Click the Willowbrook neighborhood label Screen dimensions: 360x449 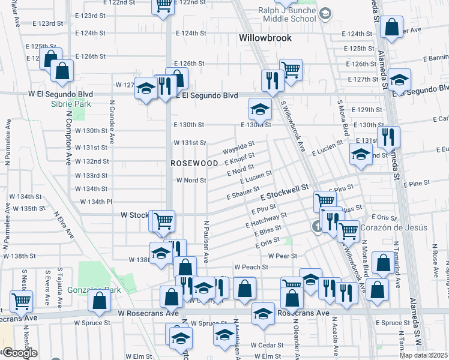click(x=265, y=38)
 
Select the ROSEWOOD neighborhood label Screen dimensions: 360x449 click(x=194, y=163)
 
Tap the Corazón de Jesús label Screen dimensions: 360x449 click(x=394, y=228)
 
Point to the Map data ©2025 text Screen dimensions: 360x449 click(x=423, y=355)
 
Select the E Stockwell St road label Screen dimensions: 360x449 click(x=284, y=194)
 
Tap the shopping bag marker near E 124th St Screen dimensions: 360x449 click(x=391, y=28)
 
